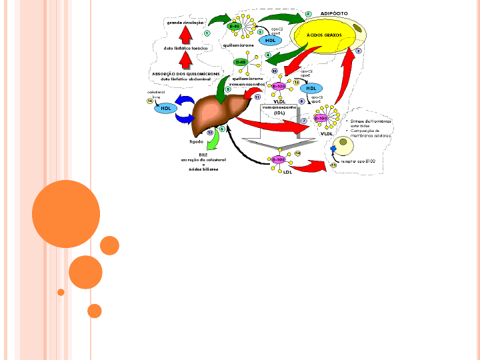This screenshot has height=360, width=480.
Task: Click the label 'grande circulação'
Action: pos(185,22)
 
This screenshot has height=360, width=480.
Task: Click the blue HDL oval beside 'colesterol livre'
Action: pos(165,108)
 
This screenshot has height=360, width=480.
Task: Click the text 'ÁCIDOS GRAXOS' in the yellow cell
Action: pos(325,34)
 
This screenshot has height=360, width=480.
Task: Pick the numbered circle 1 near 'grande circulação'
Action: pos(207,33)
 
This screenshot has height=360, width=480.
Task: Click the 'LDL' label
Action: pos(288,172)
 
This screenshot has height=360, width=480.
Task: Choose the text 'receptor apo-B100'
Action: pos(358,161)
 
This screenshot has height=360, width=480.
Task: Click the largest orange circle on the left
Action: pos(65,214)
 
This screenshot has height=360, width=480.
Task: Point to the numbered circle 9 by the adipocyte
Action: pos(359,51)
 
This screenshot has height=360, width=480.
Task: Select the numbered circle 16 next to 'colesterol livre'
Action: pos(150,101)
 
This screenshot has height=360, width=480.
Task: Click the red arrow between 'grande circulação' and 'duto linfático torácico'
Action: pos(185,35)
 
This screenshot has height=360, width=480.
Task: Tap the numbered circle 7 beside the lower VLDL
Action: pos(303,121)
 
